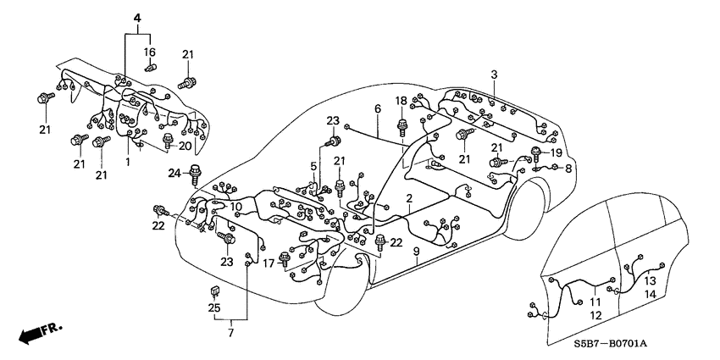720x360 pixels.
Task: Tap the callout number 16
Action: (x=151, y=52)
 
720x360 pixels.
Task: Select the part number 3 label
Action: (x=494, y=75)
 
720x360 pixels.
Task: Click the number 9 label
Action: (x=416, y=252)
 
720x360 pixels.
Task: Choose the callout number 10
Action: (x=236, y=207)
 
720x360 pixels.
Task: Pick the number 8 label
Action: (x=568, y=169)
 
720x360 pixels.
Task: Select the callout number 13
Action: (x=649, y=280)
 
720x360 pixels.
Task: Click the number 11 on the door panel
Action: (x=595, y=301)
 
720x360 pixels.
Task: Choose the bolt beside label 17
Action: (x=285, y=263)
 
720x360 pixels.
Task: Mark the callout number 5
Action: (x=313, y=165)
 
